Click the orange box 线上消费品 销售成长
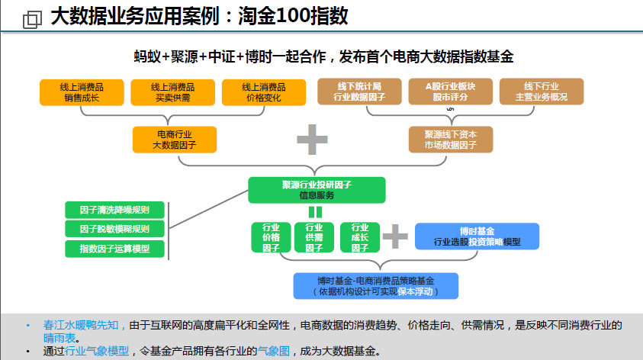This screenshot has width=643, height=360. coord(82,92)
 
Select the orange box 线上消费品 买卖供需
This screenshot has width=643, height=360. coord(172,92)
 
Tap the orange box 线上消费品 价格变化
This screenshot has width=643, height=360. coord(264,92)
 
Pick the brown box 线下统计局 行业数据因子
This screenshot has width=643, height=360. coord(359,92)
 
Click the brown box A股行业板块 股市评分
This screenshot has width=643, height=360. coord(450,92)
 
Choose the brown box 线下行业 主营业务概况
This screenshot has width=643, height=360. coord(542,92)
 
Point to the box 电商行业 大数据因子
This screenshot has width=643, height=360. coord(174,140)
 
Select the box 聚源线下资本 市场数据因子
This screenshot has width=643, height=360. coord(451,140)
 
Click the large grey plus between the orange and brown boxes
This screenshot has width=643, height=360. coord(312,140)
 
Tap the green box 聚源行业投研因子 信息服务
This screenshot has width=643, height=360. coord(317,190)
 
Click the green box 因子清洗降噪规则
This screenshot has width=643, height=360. coord(114,210)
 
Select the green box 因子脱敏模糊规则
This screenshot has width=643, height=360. coord(114,229)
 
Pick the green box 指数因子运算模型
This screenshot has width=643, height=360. coord(114,249)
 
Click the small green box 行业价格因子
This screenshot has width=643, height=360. coord(271,237)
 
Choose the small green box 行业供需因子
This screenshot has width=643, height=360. coord(313,237)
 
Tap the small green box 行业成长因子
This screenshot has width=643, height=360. coord(359,237)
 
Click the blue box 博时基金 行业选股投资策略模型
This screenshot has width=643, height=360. coord(477,236)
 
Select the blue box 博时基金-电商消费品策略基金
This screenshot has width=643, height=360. coord(375,286)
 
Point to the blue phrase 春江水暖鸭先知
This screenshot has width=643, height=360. coord(81,325)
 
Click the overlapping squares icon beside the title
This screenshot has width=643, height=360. coord(32,19)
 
